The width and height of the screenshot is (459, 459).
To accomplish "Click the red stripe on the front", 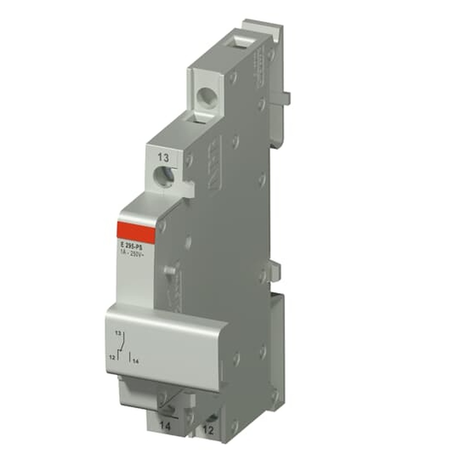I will click(x=136, y=232).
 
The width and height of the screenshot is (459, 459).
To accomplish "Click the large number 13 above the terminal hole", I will click(x=163, y=158).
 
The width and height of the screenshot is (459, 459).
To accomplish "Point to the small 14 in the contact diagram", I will click(x=135, y=362).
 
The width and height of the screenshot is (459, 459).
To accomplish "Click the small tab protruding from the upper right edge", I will click(x=285, y=97).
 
